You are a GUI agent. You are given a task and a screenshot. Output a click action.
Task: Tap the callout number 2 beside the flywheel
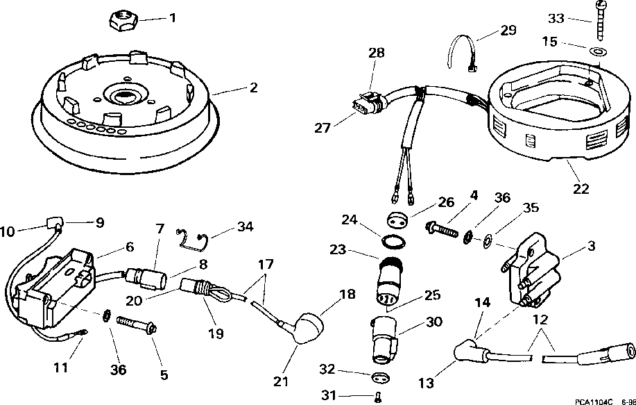254,88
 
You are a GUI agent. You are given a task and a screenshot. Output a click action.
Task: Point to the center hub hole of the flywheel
125,93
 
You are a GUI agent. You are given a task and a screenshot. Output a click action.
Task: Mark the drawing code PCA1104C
594,401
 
